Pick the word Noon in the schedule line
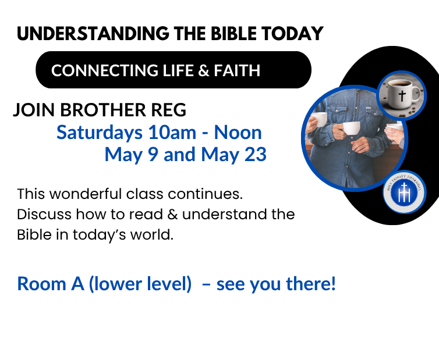[238, 133]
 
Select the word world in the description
[154, 236]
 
